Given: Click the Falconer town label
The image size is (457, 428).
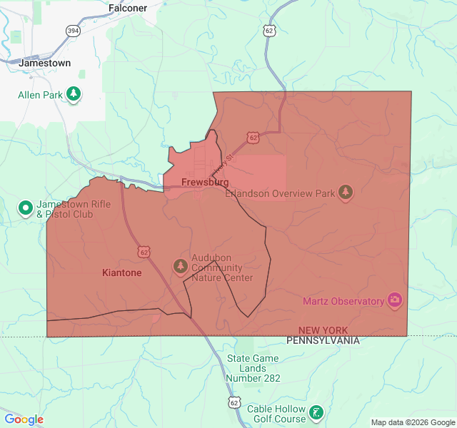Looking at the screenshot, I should coord(128,8).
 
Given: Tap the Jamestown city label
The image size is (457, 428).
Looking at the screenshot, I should coord(45,63).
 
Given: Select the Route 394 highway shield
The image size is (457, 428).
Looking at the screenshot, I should coord(73,31).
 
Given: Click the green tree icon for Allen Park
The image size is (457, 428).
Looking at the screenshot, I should coord(73,94).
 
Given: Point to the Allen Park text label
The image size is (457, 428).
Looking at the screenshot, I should coord(39,95).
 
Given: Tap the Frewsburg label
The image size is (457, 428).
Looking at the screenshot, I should coord(205,183).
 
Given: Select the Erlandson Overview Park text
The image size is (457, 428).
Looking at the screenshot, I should coord(280,193).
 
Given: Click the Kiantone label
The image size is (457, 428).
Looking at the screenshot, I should coord(121,272).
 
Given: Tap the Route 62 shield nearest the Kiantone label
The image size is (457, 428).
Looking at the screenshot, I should coord(145,252).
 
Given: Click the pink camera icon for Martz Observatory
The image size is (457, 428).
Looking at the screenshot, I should coord(394,300).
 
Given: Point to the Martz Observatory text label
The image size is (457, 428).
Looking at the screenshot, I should coord(343,301).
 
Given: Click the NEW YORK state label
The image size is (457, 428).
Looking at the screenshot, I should coord(323,330).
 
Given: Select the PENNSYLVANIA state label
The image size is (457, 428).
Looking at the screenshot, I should coord(323,341).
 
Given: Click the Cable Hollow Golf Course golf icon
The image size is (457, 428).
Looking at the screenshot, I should coord(316,412).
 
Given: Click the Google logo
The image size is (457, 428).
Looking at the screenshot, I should coord(24,419).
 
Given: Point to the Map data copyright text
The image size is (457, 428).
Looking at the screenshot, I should coord(412,422).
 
